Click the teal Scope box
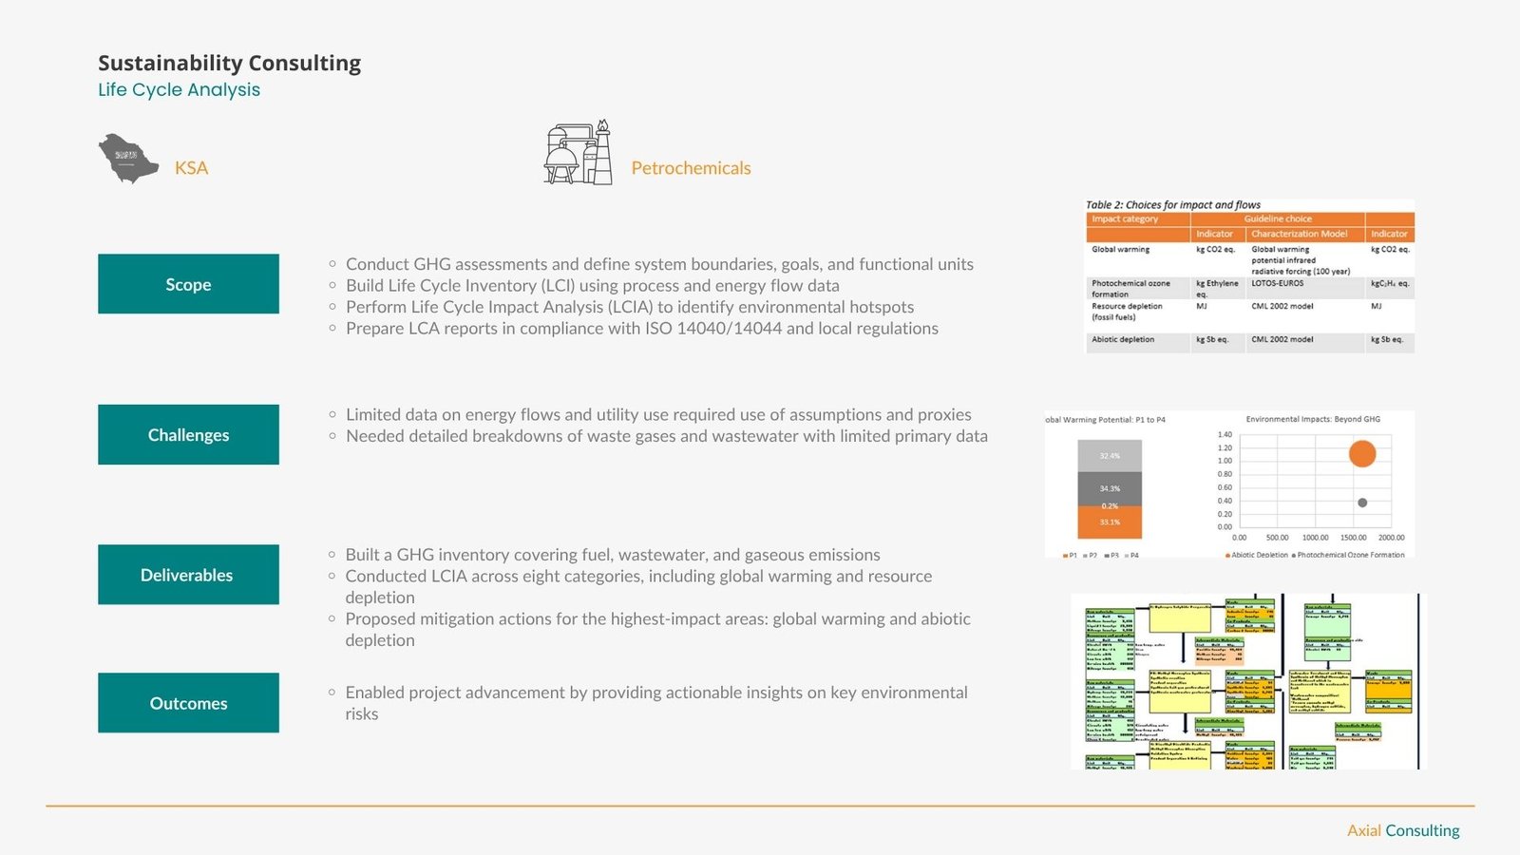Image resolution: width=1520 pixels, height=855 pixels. click(x=188, y=284)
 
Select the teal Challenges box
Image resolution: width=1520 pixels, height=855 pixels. click(x=188, y=435)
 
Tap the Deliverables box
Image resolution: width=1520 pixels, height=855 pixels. click(x=188, y=575)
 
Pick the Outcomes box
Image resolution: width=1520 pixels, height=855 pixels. click(x=188, y=703)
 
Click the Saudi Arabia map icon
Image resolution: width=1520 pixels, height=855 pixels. click(x=128, y=159)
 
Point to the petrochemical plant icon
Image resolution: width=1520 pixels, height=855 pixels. click(x=578, y=153)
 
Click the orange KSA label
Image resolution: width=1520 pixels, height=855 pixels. click(x=191, y=168)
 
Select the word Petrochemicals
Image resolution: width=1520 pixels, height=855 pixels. click(x=691, y=168)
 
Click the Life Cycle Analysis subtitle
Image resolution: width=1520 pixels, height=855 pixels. click(x=179, y=89)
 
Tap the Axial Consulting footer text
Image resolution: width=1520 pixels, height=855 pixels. click(x=1403, y=830)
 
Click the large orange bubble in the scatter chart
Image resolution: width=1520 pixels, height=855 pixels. click(x=1362, y=453)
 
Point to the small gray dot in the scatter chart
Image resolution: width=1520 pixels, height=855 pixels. click(x=1362, y=503)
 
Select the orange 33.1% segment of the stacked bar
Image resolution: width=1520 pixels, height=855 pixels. click(x=1110, y=522)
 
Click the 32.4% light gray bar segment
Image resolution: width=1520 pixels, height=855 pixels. click(x=1110, y=456)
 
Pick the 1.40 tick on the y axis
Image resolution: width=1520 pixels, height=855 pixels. click(x=1225, y=434)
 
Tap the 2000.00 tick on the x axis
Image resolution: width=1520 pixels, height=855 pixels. click(x=1391, y=538)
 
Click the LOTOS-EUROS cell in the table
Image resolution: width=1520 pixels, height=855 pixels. click(x=1277, y=283)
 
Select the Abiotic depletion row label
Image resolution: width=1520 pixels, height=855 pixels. click(x=1123, y=339)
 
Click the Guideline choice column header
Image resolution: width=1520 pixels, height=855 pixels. click(x=1278, y=218)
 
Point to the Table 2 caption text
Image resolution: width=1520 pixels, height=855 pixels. click(x=1173, y=205)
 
